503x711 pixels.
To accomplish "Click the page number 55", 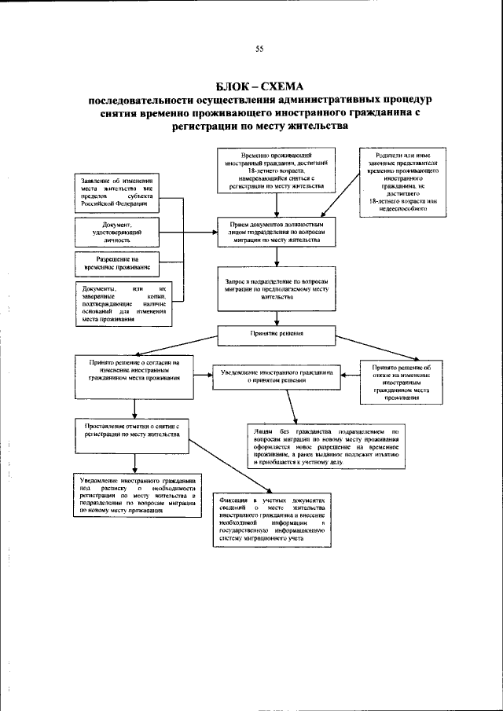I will [259, 49].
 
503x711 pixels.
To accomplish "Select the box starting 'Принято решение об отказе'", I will [401, 382].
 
